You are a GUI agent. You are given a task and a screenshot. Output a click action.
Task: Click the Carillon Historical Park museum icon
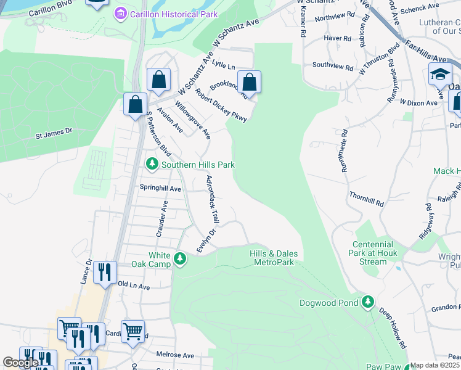[x=120, y=13]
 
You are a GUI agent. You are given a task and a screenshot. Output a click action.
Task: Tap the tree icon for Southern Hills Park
[x=152, y=164]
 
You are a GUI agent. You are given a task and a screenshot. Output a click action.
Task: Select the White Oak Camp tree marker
[x=180, y=258]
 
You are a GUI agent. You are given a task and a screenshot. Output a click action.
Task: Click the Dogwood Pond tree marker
[x=368, y=302]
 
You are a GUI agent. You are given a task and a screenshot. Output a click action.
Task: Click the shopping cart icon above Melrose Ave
[x=133, y=331]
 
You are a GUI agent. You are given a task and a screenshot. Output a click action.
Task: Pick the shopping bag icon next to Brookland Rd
[x=249, y=81]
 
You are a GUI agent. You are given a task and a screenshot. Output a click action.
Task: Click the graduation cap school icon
[x=440, y=74]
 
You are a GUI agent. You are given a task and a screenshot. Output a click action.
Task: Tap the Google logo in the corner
[x=20, y=363]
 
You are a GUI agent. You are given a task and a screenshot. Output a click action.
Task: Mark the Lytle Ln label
[x=224, y=65]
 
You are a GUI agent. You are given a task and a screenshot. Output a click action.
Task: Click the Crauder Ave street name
[x=161, y=219]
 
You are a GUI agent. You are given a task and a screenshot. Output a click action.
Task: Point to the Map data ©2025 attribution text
[x=435, y=365]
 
